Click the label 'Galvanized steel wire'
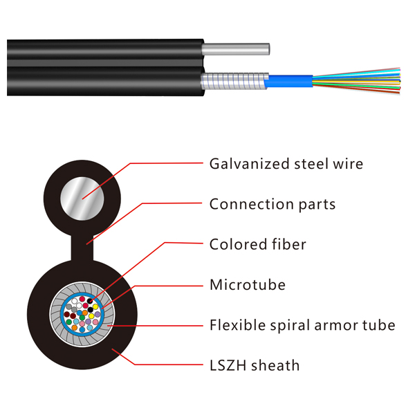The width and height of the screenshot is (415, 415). [286, 164]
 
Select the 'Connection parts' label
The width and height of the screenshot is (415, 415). [272, 204]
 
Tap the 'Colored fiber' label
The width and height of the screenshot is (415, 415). [257, 244]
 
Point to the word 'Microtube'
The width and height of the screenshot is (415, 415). [247, 284]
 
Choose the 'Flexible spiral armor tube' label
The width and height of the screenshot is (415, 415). [302, 324]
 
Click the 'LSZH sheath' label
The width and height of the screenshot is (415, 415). [255, 365]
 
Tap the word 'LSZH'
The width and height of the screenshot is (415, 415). [228, 365]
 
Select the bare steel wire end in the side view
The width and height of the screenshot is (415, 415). [235, 49]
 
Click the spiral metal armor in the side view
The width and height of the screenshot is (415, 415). [232, 82]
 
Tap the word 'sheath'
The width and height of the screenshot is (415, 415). [277, 365]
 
